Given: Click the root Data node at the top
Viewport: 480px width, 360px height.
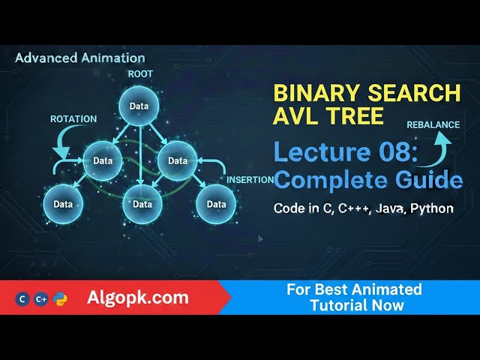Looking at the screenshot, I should pyautogui.click(x=139, y=106).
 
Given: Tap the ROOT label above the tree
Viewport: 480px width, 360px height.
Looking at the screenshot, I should pyautogui.click(x=140, y=74).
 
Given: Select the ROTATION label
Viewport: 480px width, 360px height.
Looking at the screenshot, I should pyautogui.click(x=73, y=118).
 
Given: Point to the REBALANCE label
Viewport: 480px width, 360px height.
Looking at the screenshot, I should pyautogui.click(x=433, y=124).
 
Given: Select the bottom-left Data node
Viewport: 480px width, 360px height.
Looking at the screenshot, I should pyautogui.click(x=63, y=204).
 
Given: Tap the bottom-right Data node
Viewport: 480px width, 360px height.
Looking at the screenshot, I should pyautogui.click(x=216, y=204).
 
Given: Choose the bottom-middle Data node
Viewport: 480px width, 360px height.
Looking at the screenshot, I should pyautogui.click(x=142, y=204).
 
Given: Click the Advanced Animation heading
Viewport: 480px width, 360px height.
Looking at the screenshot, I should pyautogui.click(x=80, y=57).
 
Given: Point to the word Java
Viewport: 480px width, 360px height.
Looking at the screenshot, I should pyautogui.click(x=388, y=208).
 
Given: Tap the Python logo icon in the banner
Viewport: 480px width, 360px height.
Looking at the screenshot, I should pyautogui.click(x=61, y=298).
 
